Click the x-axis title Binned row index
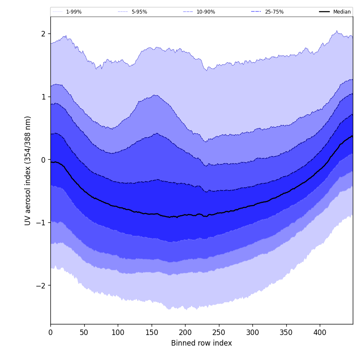tap(202, 343)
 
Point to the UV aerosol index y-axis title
tap(28, 170)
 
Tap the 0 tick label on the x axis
tap(50, 332)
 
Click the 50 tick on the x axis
tap(84, 332)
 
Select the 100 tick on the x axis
tap(118, 332)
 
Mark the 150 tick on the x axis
tap(152, 332)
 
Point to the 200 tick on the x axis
tap(185, 332)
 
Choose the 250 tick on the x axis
tap(219, 332)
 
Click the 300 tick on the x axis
tap(252, 332)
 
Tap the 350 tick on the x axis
tap(286, 332)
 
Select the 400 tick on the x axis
tap(320, 332)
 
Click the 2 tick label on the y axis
tap(43, 34)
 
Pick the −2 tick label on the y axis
tap(41, 285)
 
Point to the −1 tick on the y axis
tap(41, 223)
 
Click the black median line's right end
tap(352, 136)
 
